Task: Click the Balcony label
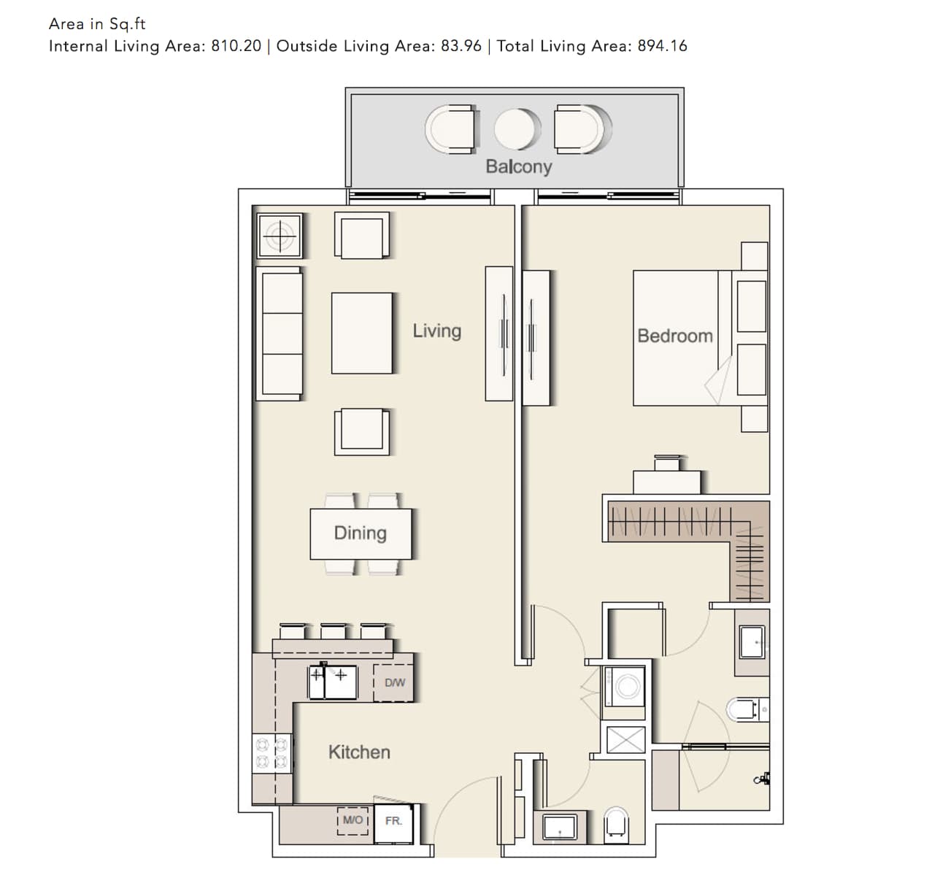tap(519, 166)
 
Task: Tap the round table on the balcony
tap(516, 129)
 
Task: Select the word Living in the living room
tap(437, 331)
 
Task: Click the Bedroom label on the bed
tap(675, 336)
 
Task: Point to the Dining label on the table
tap(361, 533)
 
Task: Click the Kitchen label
tap(359, 752)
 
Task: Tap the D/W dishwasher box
tap(393, 683)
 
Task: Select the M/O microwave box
tap(352, 821)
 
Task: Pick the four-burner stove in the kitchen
tap(271, 753)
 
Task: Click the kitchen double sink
tap(333, 682)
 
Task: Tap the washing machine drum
tap(625, 687)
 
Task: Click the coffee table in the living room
tap(361, 333)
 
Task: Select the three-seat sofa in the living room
tap(280, 333)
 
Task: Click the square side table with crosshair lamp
tap(280, 235)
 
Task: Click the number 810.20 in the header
tap(236, 46)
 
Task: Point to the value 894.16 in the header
tap(662, 46)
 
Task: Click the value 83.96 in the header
tap(461, 46)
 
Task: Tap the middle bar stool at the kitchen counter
tap(334, 631)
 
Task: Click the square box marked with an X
tap(625, 739)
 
